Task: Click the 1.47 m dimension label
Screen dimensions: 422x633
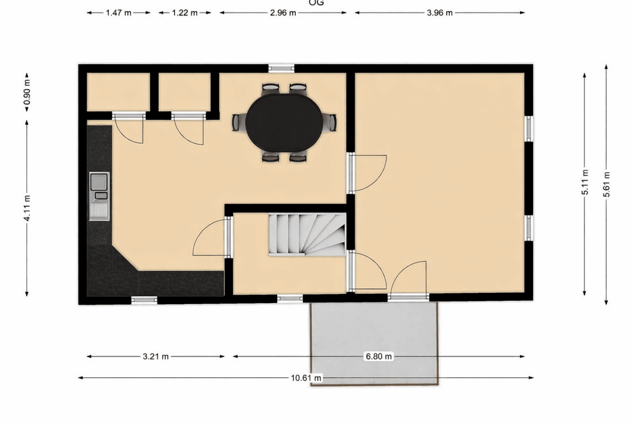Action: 118,13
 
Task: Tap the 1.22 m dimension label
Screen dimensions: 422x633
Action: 185,13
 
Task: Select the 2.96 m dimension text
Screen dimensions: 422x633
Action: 283,13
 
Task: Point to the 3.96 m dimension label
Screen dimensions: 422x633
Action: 439,13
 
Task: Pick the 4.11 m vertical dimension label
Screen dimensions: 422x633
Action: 27,208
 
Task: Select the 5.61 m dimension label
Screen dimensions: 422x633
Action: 606,184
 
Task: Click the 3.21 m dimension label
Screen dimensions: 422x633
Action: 155,356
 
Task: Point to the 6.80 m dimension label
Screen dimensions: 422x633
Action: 378,356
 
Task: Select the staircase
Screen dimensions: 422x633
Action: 307,234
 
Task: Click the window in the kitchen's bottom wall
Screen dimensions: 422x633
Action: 144,300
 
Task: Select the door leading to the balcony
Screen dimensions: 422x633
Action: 408,296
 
